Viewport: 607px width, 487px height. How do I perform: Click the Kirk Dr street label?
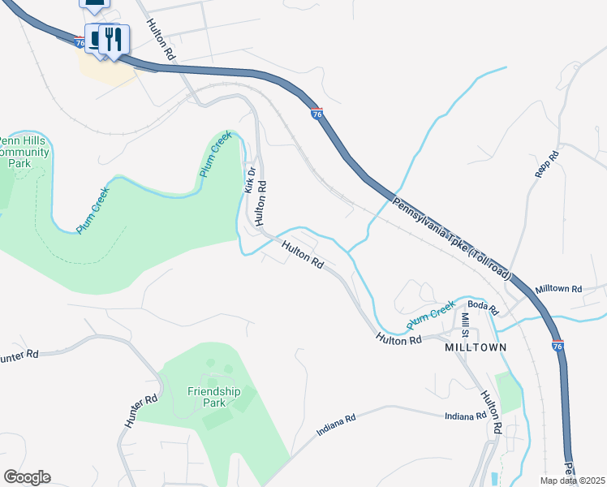251,179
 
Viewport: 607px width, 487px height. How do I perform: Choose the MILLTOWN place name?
476,347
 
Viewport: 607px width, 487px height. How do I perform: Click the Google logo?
27,477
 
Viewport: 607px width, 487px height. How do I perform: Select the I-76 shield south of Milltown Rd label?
557,346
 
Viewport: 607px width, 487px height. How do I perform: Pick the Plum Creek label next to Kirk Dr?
216,155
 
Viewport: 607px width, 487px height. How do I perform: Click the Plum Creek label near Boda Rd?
430,312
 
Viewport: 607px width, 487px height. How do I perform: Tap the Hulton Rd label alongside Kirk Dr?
260,203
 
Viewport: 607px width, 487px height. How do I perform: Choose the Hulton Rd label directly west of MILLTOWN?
398,340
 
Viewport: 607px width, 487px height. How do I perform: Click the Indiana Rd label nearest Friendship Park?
336,425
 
